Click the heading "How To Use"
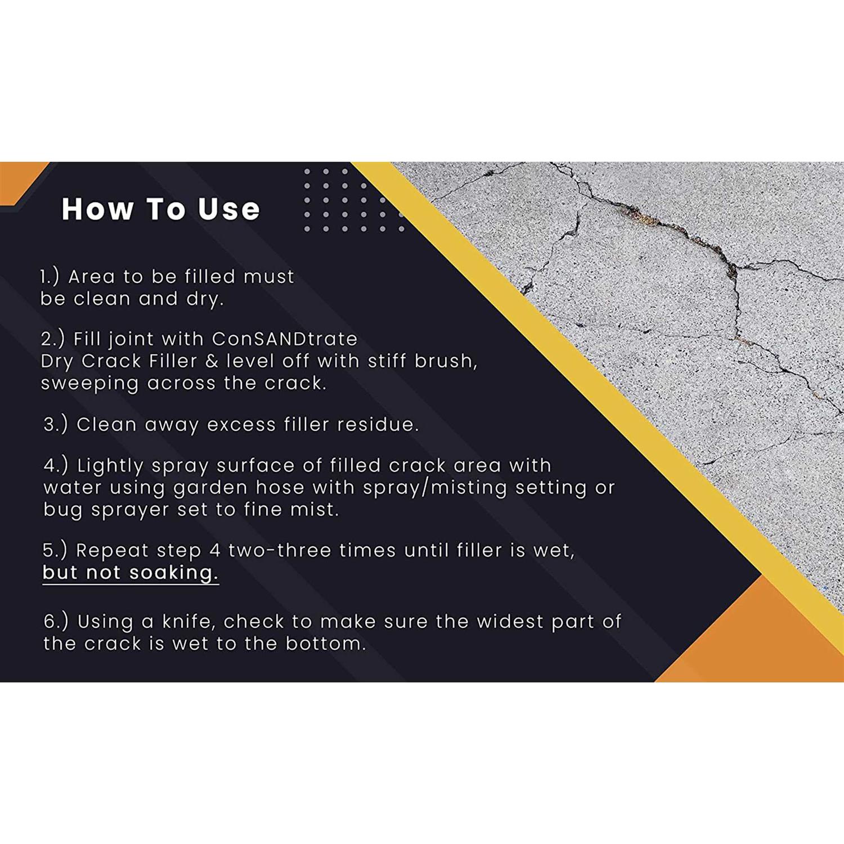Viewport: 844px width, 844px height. point(160,209)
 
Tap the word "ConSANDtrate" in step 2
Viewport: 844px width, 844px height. point(284,339)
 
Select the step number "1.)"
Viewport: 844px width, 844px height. point(50,276)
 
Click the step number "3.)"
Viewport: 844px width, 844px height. point(55,424)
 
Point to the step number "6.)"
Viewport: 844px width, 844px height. point(56,621)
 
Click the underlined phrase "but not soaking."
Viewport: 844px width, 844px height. point(130,572)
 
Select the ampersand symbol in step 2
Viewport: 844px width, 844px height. point(212,361)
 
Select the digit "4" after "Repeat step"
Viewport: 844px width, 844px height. point(215,550)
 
